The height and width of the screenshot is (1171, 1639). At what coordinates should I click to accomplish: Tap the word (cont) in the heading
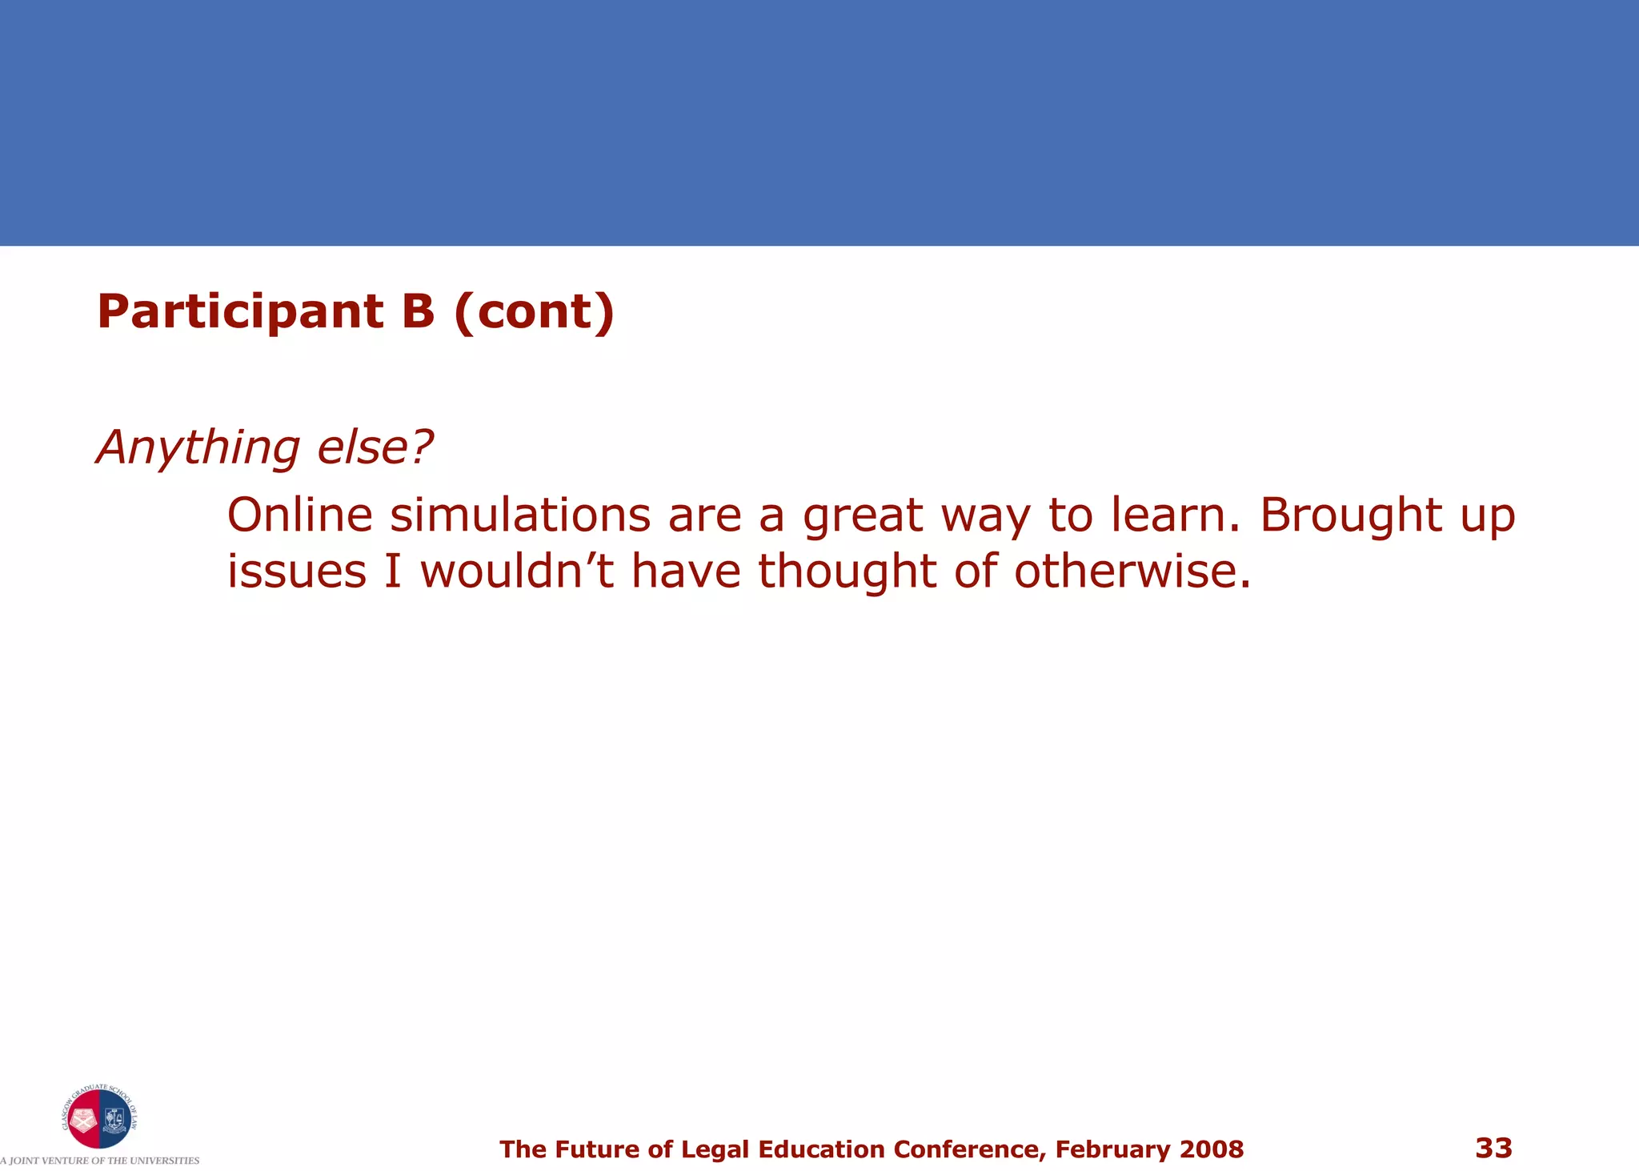tap(534, 311)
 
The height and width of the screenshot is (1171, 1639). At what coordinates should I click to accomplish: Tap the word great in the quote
tap(863, 516)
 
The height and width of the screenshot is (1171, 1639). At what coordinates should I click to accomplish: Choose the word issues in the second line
tap(297, 571)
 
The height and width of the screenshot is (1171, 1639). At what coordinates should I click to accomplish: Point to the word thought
tap(847, 571)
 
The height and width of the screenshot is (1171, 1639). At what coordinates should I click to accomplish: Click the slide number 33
tap(1493, 1148)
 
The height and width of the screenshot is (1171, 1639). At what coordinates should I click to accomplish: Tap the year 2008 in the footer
tap(1212, 1149)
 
